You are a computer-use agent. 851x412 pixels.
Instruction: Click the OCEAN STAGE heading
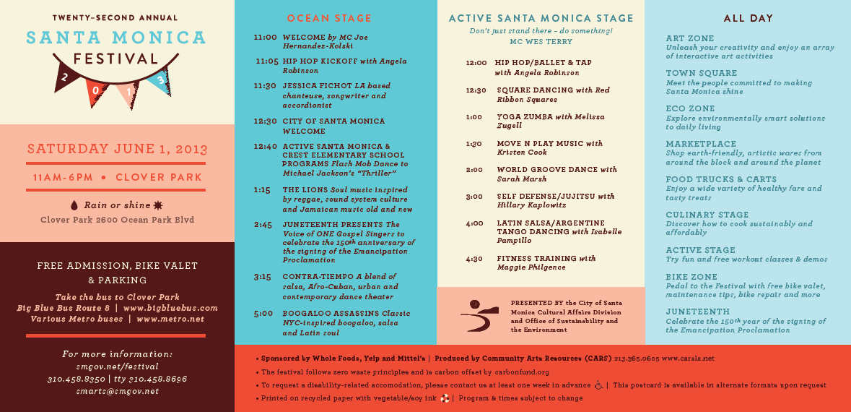[329, 18]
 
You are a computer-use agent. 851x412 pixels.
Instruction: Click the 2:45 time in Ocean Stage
[263, 225]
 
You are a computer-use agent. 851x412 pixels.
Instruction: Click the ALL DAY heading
[748, 18]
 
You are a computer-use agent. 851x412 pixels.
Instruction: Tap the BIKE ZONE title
[691, 277]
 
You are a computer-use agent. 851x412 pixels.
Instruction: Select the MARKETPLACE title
[701, 144]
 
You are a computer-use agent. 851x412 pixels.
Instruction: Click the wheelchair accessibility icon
[598, 385]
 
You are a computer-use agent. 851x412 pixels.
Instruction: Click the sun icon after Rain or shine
[158, 205]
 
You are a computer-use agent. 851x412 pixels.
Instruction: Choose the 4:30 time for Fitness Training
[474, 259]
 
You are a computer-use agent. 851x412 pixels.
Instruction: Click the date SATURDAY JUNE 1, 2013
[117, 150]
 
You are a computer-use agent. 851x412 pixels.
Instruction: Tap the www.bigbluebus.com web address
[170, 308]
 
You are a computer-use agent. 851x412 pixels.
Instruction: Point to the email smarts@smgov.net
[117, 391]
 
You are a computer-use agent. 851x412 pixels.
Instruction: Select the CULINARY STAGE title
[707, 215]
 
